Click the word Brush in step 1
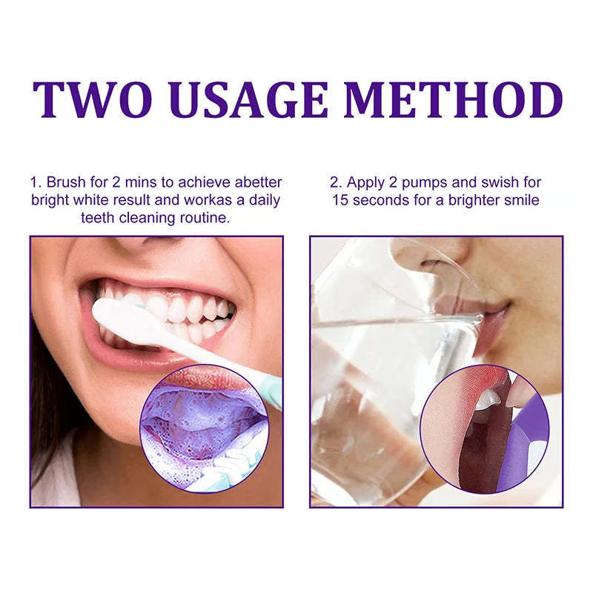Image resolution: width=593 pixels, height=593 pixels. [67, 182]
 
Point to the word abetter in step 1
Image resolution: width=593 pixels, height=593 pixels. [254, 182]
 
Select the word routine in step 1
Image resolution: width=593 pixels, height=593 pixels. [203, 219]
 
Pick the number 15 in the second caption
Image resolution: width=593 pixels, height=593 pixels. [340, 200]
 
